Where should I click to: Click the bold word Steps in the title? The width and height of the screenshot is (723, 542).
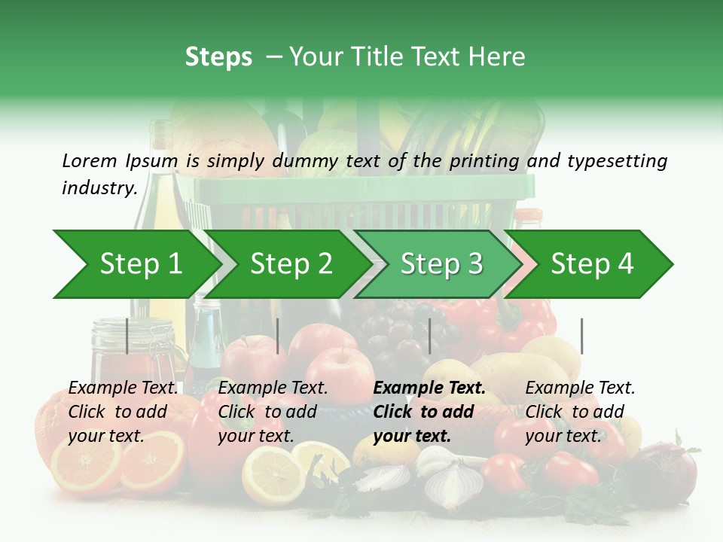point(218,57)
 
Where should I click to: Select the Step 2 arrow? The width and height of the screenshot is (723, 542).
point(291,264)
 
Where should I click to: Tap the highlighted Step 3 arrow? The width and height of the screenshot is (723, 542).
point(441,264)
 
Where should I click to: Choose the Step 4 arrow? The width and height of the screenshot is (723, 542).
point(592,264)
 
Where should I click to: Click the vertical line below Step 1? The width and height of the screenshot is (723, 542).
point(127,336)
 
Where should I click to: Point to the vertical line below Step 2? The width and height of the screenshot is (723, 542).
point(278,336)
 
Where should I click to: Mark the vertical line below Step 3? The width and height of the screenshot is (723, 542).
point(429,336)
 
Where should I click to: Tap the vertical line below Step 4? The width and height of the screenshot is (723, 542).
point(582,336)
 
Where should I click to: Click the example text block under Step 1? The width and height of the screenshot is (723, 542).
point(123,412)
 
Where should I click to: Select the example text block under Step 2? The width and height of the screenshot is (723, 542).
point(273,412)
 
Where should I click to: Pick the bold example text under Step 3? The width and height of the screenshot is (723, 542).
point(429,412)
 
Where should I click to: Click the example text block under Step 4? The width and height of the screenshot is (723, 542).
point(580,412)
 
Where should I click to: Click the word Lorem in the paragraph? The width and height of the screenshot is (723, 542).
point(90,160)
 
